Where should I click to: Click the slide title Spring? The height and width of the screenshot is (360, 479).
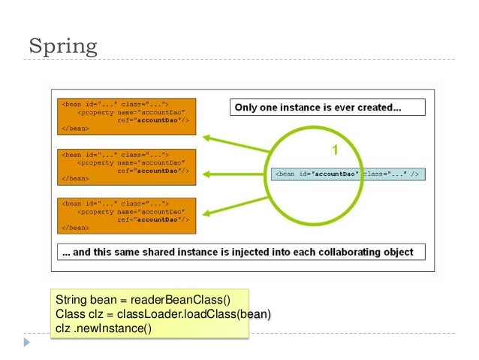click(x=63, y=46)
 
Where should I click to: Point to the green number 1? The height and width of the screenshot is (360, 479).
click(x=335, y=149)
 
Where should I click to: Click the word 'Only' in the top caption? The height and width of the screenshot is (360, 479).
click(x=246, y=107)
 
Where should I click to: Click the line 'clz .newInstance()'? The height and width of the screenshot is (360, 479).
click(x=103, y=327)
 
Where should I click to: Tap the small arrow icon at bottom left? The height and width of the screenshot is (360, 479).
click(x=29, y=342)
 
